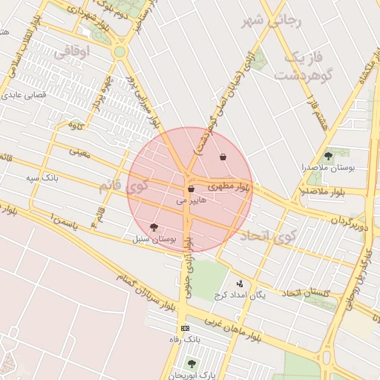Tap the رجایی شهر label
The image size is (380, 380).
272,21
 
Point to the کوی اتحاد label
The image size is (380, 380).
268,237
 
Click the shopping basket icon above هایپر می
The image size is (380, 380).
191,189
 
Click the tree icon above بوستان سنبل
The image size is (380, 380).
154,228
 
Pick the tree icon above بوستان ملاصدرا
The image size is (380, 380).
328,155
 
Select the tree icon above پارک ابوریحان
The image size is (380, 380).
192,363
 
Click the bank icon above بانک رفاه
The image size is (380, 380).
185,328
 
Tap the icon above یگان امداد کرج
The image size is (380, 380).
239,283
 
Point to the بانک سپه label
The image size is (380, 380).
42,178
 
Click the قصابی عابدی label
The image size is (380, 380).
25,95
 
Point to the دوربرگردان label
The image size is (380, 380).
348,221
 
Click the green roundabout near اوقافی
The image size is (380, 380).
119,52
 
